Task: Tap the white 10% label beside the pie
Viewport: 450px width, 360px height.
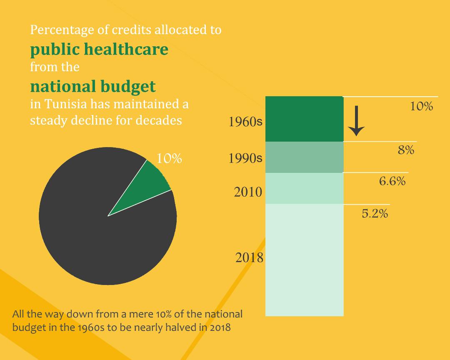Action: [x=169, y=159]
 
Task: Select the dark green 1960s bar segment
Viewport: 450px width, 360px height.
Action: [x=304, y=119]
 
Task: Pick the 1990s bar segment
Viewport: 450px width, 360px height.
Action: [x=304, y=157]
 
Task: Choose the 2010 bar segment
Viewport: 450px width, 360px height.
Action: [x=304, y=188]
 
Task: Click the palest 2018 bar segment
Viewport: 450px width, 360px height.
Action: [x=304, y=260]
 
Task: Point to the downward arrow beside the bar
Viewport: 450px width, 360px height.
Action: [x=356, y=121]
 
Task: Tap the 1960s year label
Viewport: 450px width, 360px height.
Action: [x=245, y=122]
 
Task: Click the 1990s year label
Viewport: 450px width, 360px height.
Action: [x=245, y=159]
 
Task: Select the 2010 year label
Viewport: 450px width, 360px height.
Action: [x=248, y=192]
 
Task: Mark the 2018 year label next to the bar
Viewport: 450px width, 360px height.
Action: [x=249, y=258]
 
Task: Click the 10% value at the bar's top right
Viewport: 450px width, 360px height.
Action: [x=421, y=107]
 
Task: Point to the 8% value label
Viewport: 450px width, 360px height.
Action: [x=406, y=150]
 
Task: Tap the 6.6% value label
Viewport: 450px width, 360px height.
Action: [x=392, y=182]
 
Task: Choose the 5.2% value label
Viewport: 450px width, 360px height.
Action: [x=375, y=214]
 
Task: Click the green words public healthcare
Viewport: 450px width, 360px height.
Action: [x=99, y=49]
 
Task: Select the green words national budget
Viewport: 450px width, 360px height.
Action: [x=93, y=86]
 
